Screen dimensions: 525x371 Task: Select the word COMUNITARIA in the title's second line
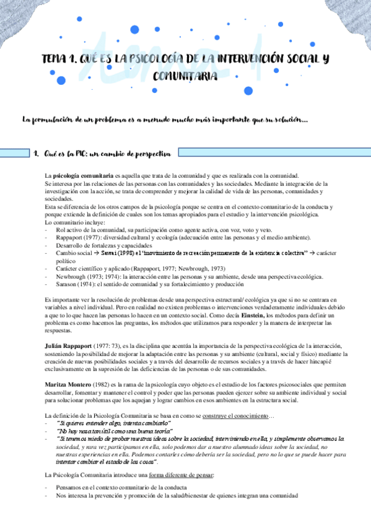pos(185,77)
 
